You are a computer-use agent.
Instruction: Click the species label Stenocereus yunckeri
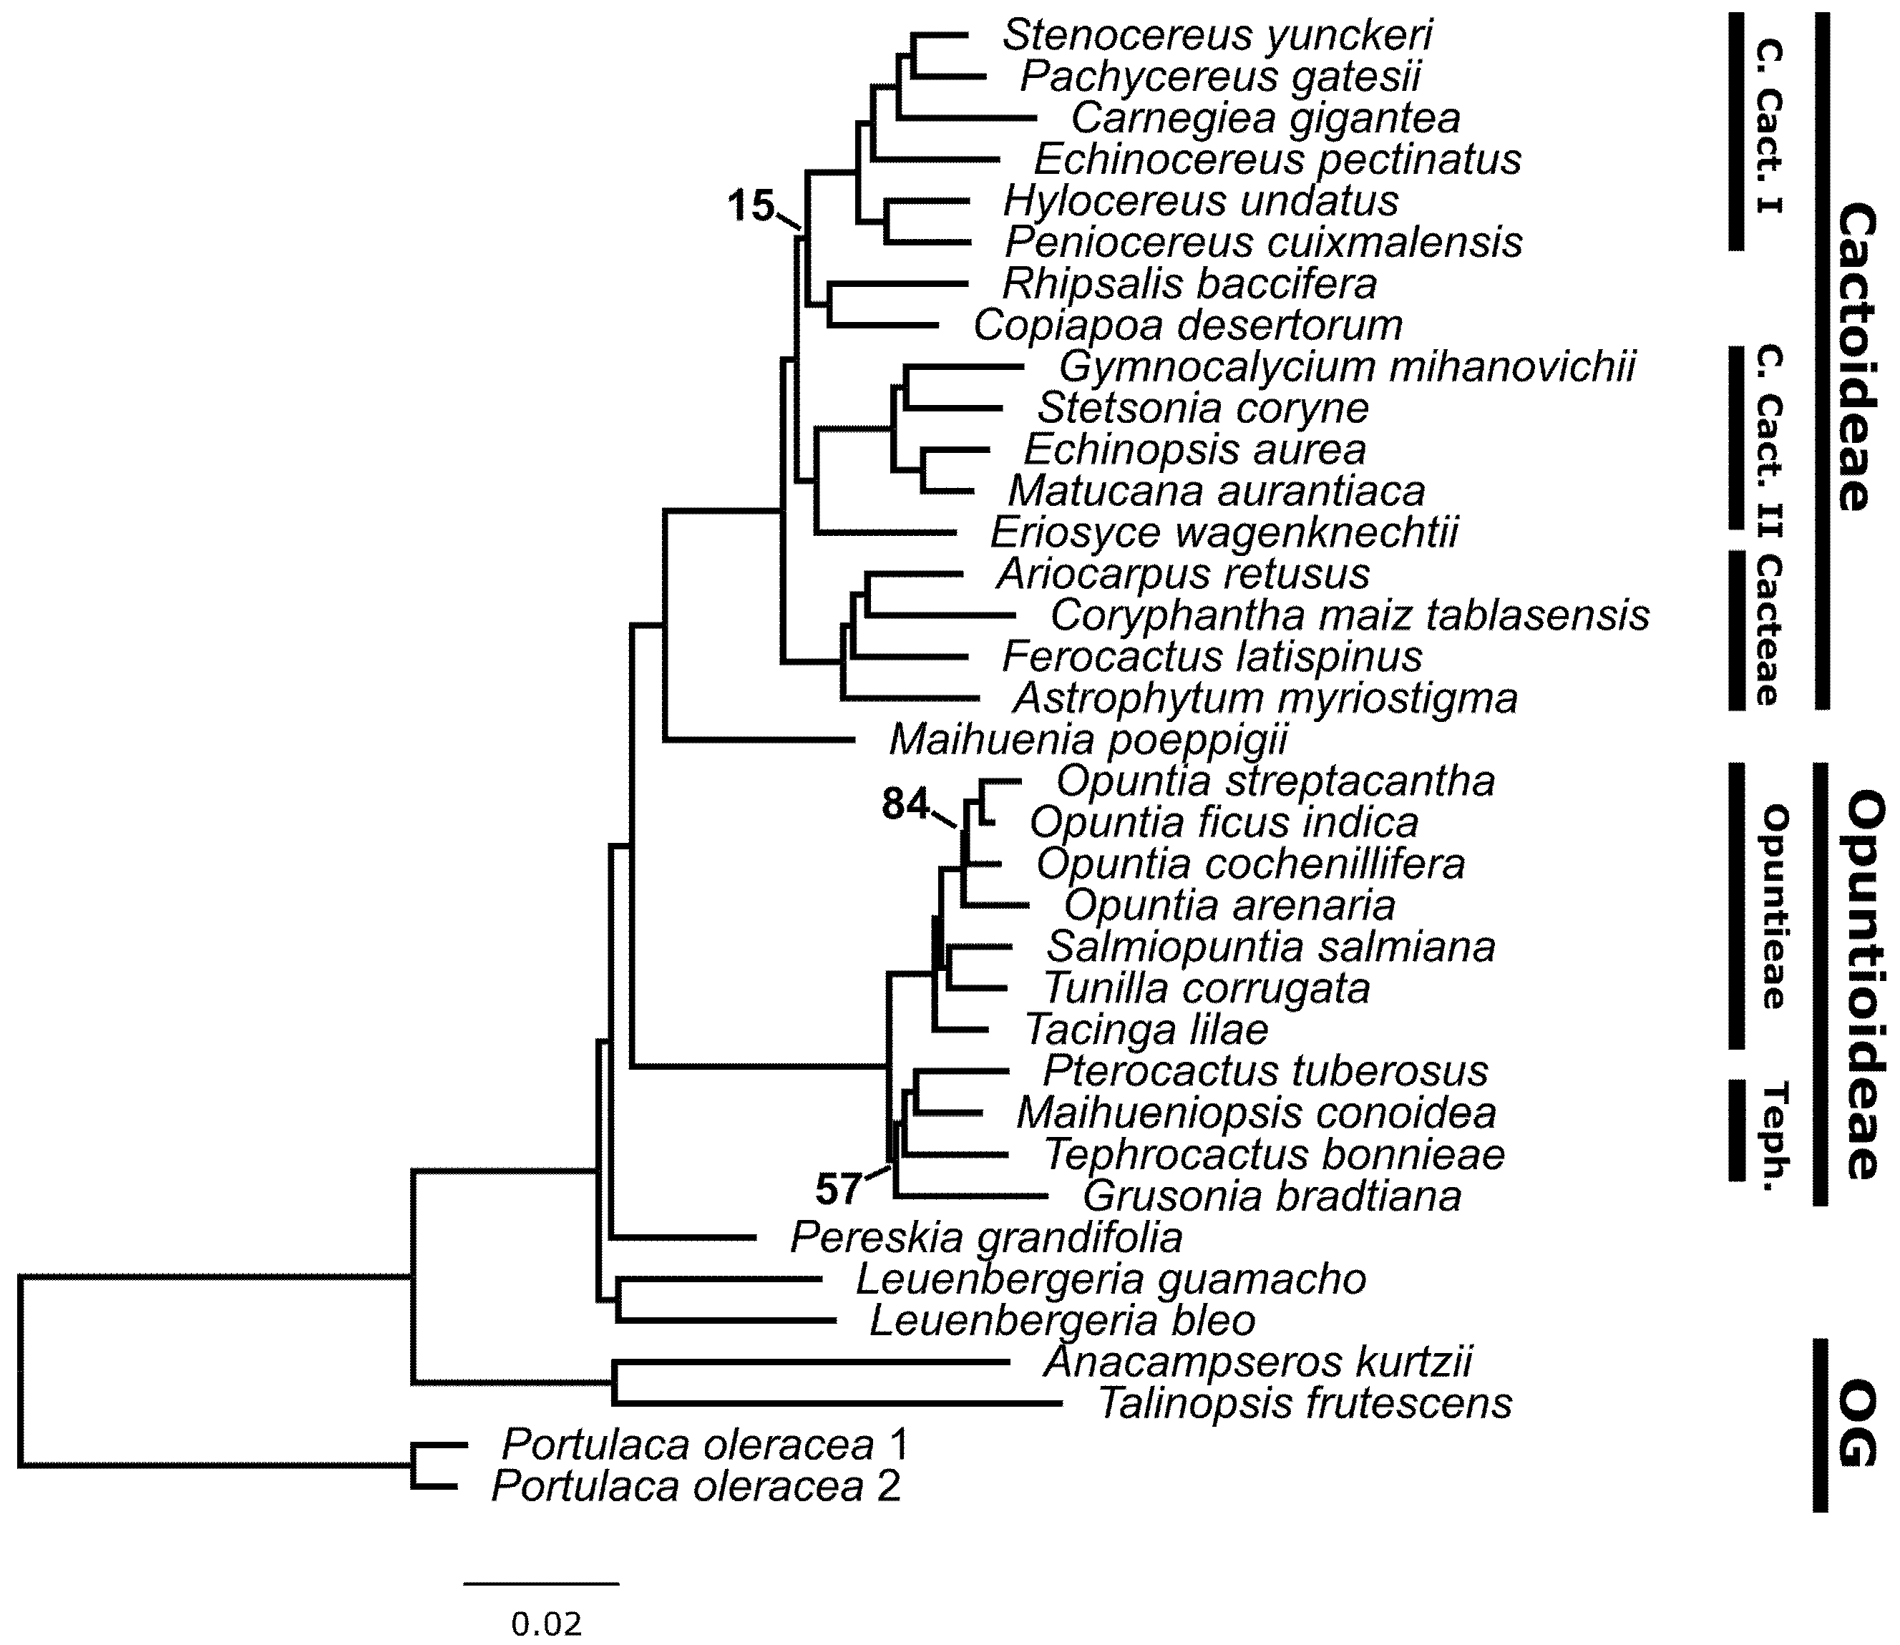[x=1217, y=36]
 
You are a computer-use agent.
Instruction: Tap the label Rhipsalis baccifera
[x=1189, y=285]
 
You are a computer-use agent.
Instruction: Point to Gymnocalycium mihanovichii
[x=1348, y=367]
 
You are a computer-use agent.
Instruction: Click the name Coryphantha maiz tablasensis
[x=1349, y=615]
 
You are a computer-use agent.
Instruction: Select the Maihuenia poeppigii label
[x=1088, y=740]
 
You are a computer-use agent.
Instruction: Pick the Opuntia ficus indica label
[x=1224, y=823]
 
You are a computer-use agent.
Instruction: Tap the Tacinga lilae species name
[x=1146, y=1030]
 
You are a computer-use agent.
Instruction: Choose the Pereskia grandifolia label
[x=987, y=1237]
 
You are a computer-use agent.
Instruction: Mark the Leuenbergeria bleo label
[x=1062, y=1321]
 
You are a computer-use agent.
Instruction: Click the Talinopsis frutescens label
[x=1305, y=1404]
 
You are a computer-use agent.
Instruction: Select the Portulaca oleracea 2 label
[x=696, y=1486]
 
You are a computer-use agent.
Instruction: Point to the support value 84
[x=906, y=804]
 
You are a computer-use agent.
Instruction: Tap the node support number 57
[x=838, y=1191]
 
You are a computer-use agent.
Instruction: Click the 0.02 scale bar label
[x=546, y=1624]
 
